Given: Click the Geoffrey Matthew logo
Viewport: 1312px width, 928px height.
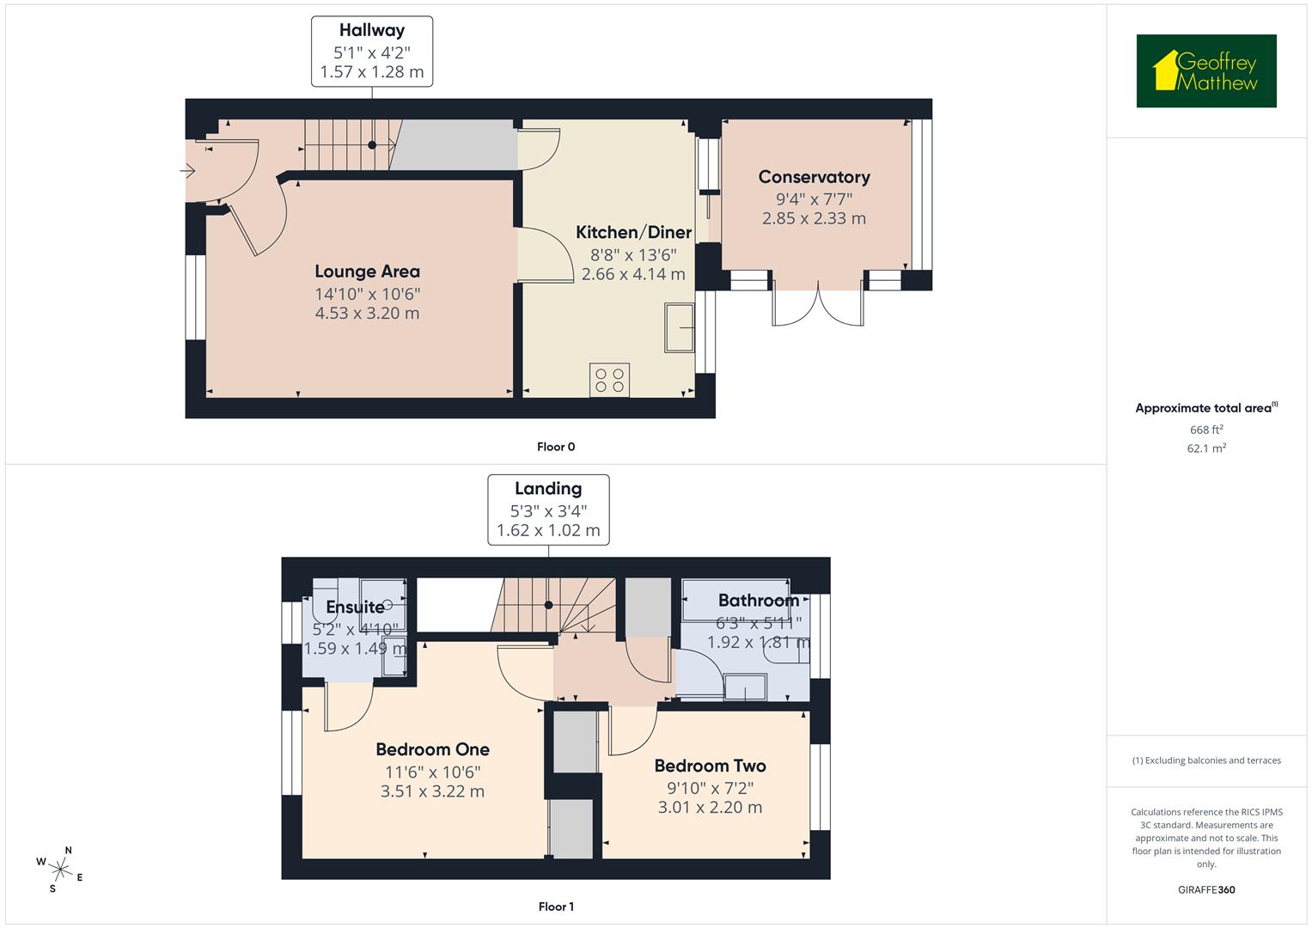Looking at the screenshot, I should (x=1205, y=71).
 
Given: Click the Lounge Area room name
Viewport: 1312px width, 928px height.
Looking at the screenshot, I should (x=367, y=272).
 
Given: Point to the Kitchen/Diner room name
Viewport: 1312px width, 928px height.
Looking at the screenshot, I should (x=633, y=232).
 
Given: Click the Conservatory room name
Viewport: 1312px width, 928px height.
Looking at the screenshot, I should (x=814, y=177).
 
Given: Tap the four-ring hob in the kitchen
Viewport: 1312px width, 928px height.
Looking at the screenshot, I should (x=609, y=380).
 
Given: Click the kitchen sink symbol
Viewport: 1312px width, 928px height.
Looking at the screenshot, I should (x=679, y=327).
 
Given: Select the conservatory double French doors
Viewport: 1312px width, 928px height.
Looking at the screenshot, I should (x=818, y=306).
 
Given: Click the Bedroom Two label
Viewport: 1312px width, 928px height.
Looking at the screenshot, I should (x=710, y=766).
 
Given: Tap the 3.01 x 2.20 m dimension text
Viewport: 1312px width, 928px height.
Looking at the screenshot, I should (x=710, y=807).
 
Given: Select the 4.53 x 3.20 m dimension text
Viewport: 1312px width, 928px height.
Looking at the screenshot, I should (x=367, y=313).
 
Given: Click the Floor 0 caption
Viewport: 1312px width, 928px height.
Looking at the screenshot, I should (x=556, y=447).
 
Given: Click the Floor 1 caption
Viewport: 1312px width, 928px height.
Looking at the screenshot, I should (x=556, y=907).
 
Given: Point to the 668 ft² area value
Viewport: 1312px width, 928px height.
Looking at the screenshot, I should (x=1205, y=430).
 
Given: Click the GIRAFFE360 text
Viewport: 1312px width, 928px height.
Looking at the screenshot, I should (x=1205, y=889).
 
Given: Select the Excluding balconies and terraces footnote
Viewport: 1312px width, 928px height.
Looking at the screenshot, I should (x=1205, y=760).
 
